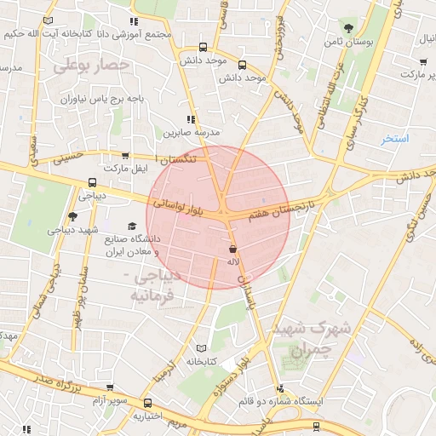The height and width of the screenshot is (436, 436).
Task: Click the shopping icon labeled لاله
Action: point(232,250)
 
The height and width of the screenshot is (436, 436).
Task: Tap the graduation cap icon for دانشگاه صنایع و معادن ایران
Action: point(131,226)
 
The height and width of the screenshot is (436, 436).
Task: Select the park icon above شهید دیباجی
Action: point(72,216)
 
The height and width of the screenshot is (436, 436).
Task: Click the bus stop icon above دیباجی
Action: point(92,182)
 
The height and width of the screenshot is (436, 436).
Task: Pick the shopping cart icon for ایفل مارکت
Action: point(126,156)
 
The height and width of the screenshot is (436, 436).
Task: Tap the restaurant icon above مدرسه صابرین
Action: point(191,120)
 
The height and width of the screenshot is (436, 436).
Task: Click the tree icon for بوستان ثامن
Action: point(347,28)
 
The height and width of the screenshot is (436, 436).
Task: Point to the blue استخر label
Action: point(395,138)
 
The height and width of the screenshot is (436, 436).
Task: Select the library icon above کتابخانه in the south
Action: point(202,347)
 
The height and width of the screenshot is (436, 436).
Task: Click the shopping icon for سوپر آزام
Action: point(110,387)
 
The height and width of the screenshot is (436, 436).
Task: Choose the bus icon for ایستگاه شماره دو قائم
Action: point(317,425)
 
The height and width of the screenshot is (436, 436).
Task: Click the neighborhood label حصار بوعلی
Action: point(91,63)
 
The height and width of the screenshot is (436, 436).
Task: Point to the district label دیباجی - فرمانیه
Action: point(152,286)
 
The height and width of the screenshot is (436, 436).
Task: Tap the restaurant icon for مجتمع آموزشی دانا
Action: point(132,22)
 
